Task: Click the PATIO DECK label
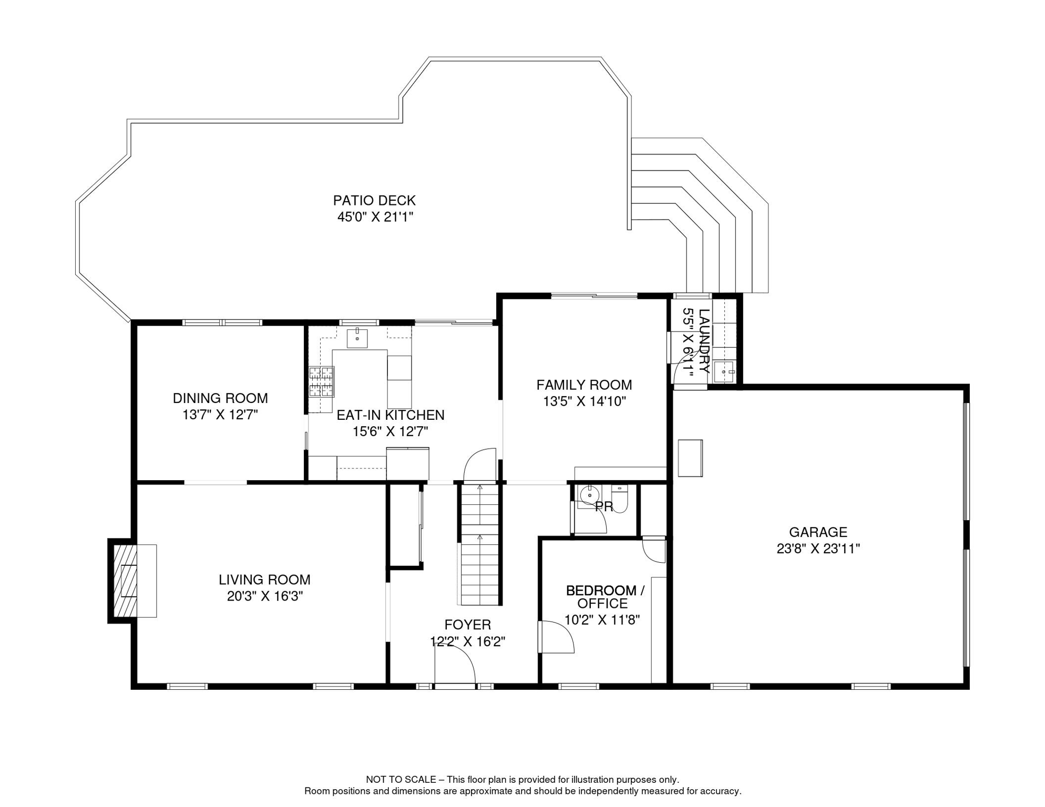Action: click(x=374, y=200)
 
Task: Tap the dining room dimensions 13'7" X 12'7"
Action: click(x=220, y=415)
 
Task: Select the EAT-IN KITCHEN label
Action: click(x=391, y=415)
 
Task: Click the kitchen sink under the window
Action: click(x=357, y=337)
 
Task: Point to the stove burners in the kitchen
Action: click(x=321, y=381)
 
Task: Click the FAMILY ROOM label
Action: click(x=584, y=385)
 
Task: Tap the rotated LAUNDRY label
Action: click(x=704, y=341)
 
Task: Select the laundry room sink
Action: click(x=724, y=371)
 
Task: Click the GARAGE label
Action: click(x=818, y=532)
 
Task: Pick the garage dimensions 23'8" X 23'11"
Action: click(x=818, y=549)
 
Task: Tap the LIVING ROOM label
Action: click(x=264, y=580)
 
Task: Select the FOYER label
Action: click(x=468, y=625)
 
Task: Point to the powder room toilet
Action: click(x=620, y=499)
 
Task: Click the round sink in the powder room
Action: click(x=590, y=495)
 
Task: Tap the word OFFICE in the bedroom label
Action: click(x=602, y=604)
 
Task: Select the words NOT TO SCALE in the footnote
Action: click(x=401, y=780)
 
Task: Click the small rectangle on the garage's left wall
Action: click(x=690, y=458)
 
